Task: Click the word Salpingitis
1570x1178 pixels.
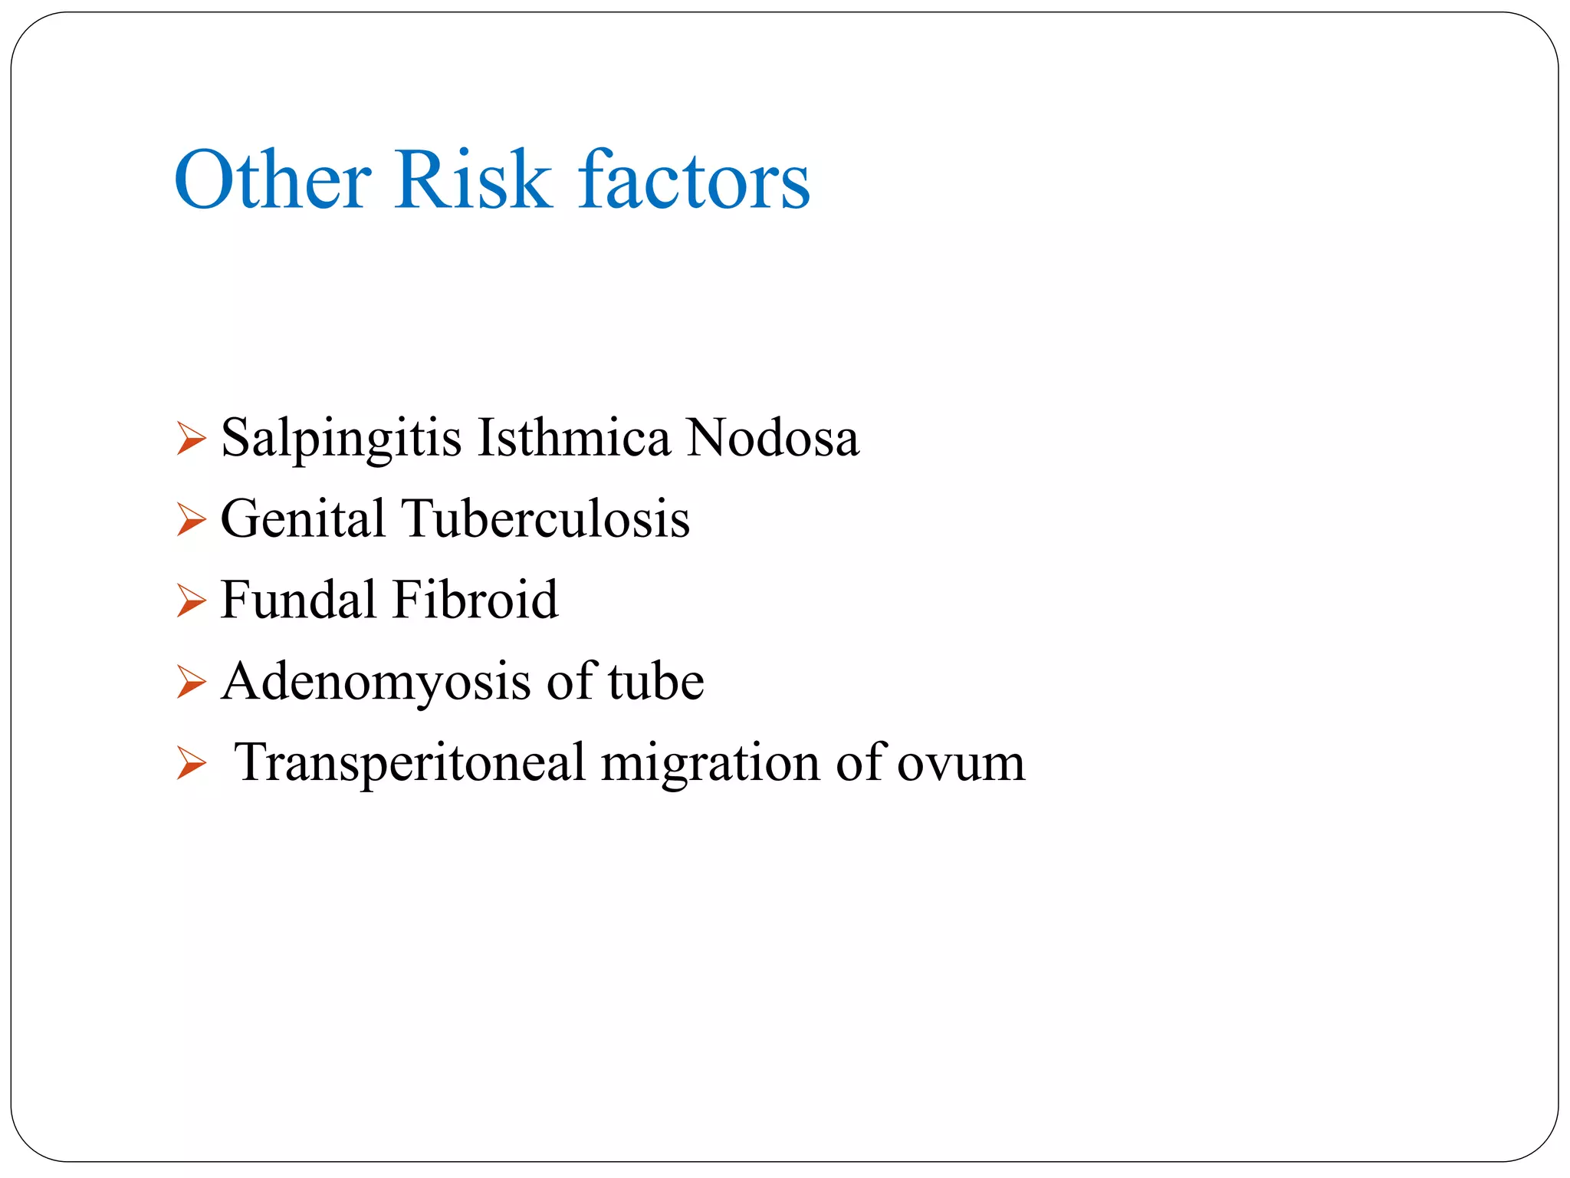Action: (x=341, y=439)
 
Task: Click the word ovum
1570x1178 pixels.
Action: (x=961, y=765)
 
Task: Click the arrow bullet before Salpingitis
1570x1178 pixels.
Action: (x=191, y=439)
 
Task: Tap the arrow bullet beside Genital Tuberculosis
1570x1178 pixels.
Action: (x=191, y=520)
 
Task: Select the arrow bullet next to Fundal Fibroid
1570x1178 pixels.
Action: (x=191, y=601)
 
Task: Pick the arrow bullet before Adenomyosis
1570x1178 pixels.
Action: (x=191, y=682)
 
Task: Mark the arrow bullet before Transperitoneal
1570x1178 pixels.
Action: (x=191, y=764)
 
